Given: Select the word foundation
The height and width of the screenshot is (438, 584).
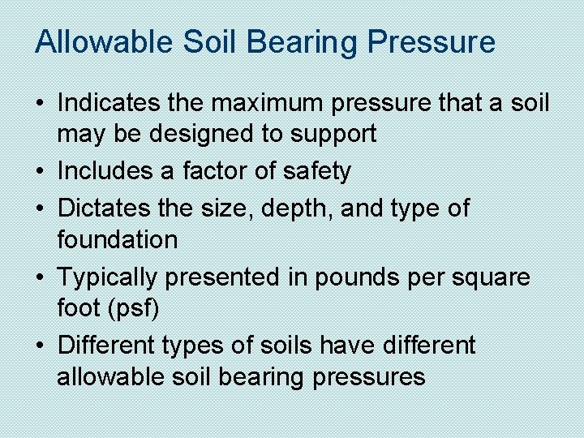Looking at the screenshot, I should pyautogui.click(x=117, y=239).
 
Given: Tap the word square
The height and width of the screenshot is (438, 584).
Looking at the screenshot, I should pyautogui.click(x=491, y=277).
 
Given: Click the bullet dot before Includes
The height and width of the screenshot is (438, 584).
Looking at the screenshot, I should pyautogui.click(x=41, y=172).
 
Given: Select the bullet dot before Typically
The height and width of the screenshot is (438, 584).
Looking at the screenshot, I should pyautogui.click(x=41, y=277).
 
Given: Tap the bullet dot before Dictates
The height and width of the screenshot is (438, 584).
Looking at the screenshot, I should pyautogui.click(x=41, y=209).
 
